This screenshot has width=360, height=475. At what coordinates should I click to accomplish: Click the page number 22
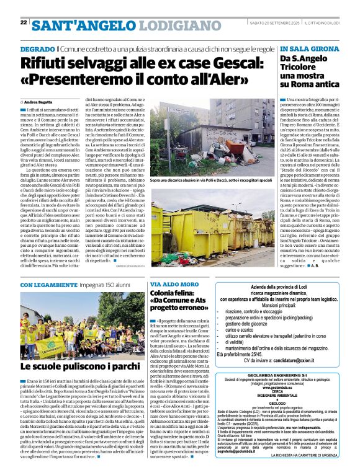(x=24, y=22)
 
